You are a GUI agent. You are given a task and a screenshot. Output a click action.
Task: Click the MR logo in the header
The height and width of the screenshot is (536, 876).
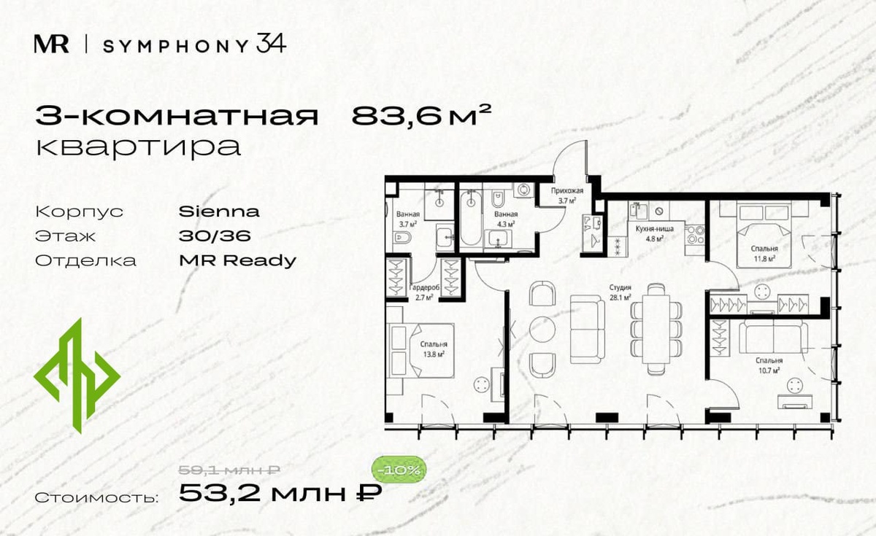coord(52,44)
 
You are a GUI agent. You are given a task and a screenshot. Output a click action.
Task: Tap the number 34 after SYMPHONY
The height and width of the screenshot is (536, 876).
coord(271,43)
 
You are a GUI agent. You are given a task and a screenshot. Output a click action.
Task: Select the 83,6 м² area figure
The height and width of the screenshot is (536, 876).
coord(420,115)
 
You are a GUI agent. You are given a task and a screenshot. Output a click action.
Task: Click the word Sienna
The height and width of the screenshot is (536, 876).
coord(219,211)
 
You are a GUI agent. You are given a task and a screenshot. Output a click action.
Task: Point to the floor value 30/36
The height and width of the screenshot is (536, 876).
coord(215,236)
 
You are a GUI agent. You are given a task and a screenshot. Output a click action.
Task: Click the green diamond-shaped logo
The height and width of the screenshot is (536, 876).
coord(77,376)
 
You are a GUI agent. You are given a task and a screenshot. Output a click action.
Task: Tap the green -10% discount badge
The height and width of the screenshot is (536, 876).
coord(399,470)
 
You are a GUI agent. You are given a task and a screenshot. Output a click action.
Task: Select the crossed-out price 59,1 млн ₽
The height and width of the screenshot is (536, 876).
coord(229,470)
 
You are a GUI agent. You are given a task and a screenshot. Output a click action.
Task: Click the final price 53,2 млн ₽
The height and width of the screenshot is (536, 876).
coord(280,493)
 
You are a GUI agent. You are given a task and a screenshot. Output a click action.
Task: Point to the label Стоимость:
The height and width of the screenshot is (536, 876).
coord(96,498)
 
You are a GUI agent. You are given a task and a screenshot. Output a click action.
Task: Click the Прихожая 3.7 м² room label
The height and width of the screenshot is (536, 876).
coord(567,195)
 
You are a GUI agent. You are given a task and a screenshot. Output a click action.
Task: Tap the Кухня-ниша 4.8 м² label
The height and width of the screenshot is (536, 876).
coord(655,233)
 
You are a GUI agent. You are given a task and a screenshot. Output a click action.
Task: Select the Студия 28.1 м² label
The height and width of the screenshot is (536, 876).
coord(620,292)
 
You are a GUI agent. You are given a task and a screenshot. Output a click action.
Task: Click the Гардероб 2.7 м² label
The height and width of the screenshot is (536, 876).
coord(424,292)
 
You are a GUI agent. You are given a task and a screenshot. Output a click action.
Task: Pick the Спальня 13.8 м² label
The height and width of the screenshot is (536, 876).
coord(434,349)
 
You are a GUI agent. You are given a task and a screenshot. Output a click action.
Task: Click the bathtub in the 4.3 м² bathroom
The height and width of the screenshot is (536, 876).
coord(471,218)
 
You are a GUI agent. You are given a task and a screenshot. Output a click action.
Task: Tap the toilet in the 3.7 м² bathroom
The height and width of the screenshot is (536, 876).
coord(402,238)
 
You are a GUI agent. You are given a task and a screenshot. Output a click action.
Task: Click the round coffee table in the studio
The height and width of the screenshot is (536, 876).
coord(542,330)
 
